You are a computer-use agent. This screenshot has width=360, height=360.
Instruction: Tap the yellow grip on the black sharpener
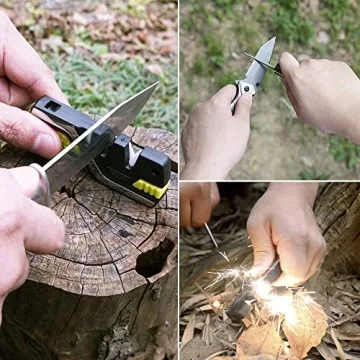[151, 186]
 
